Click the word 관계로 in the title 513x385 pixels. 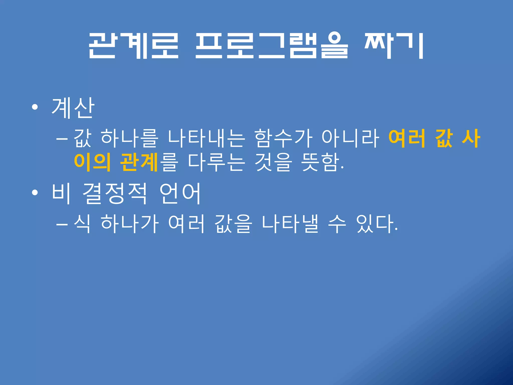(x=134, y=46)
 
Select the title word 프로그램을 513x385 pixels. (x=272, y=46)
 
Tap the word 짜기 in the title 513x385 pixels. (x=394, y=46)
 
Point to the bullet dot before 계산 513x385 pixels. (x=35, y=108)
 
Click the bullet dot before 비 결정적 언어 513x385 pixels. (x=35, y=193)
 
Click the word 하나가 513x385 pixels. (x=130, y=224)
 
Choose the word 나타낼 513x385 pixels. (x=290, y=224)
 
